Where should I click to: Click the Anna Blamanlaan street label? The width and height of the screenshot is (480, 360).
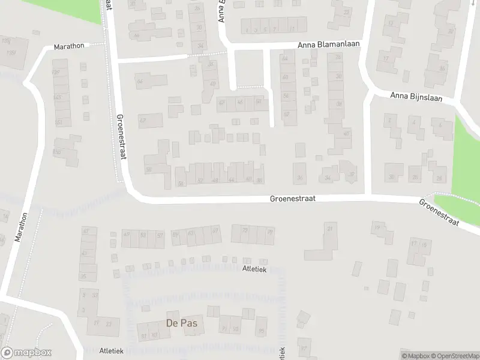point(328,46)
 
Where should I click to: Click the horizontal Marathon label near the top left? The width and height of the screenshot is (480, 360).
point(69,46)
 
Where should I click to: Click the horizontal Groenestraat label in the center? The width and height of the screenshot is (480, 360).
point(292,197)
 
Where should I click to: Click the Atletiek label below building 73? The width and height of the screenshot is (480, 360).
point(254,269)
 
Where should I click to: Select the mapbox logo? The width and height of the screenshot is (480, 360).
point(26,353)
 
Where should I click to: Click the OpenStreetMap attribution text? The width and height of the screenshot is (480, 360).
point(455,356)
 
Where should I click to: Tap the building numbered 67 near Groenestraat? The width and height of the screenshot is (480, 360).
point(215,231)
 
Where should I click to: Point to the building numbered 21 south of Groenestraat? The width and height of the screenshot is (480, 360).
point(329,229)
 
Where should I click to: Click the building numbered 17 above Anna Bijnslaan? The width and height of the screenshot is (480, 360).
point(386,58)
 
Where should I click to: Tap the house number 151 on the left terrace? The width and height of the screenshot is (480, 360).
point(59,122)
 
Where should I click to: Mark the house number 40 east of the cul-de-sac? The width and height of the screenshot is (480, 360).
point(346,133)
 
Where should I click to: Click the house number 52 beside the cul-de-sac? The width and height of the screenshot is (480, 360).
point(286,114)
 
